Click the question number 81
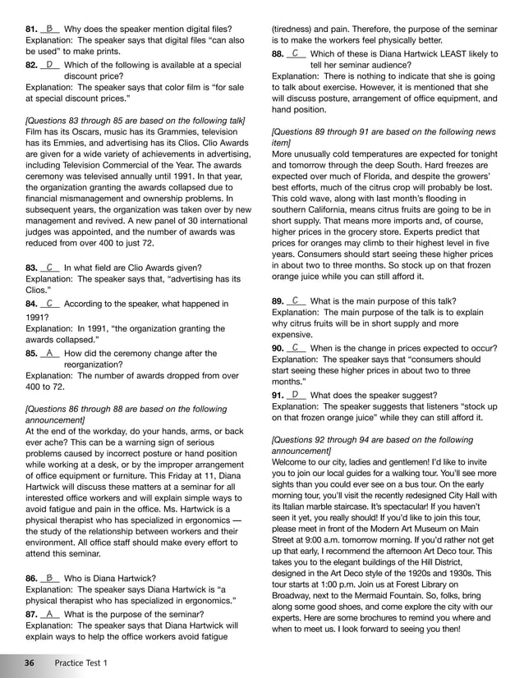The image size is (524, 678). pyautogui.click(x=32, y=30)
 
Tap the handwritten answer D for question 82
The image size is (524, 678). pyautogui.click(x=49, y=63)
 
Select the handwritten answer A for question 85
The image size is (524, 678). pyautogui.click(x=49, y=353)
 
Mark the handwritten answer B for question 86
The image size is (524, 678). pyautogui.click(x=49, y=578)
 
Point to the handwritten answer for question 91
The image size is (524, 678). pyautogui.click(x=295, y=394)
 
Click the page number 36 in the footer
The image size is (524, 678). pyautogui.click(x=29, y=662)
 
